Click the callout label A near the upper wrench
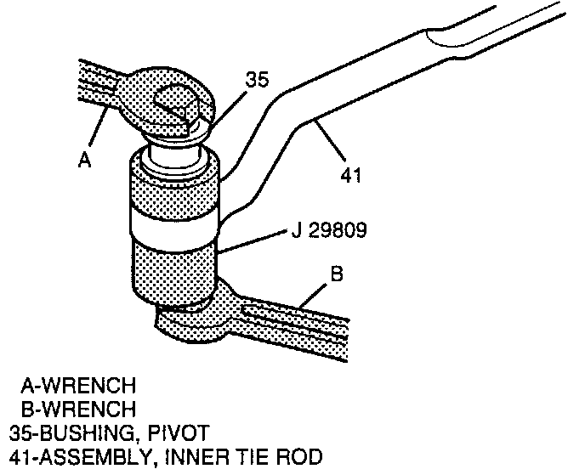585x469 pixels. [x=84, y=160]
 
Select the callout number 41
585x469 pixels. [x=350, y=176]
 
